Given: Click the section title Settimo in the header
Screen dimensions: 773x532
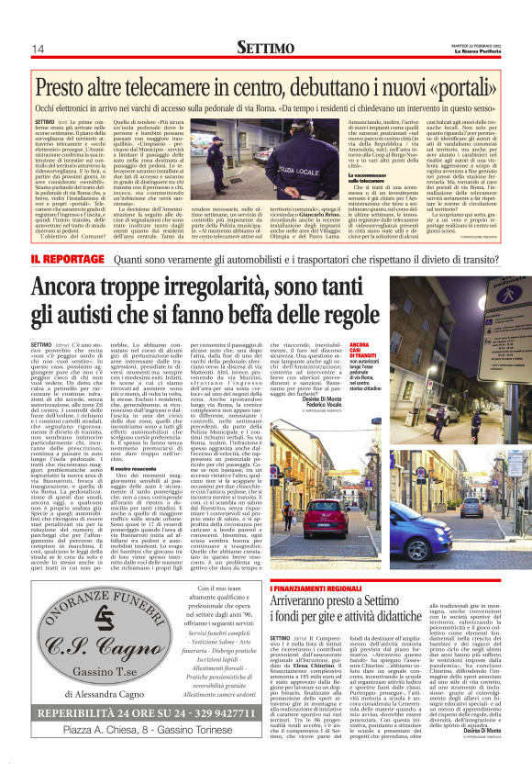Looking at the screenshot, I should (265, 47).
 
